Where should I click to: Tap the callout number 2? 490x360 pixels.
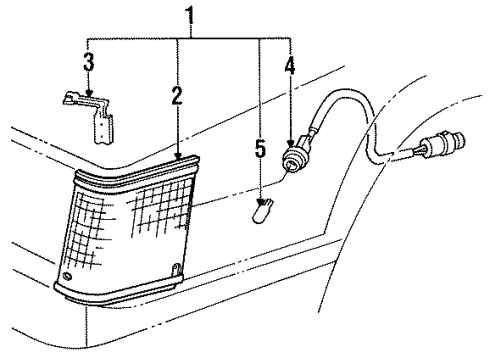177,96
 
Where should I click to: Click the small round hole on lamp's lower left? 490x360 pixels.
67,276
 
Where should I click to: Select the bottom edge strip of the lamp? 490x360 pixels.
120,295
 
